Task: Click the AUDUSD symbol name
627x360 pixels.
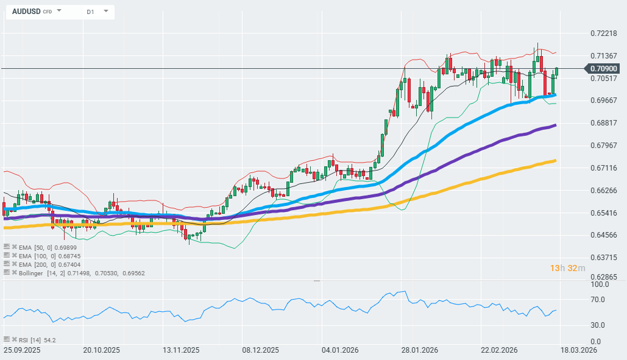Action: point(26,12)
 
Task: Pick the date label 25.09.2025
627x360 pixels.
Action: point(23,350)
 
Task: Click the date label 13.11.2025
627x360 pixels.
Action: point(182,350)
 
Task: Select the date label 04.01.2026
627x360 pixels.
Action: point(339,350)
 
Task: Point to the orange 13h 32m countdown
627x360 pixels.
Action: point(567,268)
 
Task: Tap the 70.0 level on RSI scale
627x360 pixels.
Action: point(598,300)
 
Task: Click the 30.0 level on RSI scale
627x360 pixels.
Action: point(598,325)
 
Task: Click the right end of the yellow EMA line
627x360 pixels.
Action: point(554,161)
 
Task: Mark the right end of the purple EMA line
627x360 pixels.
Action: point(555,125)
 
